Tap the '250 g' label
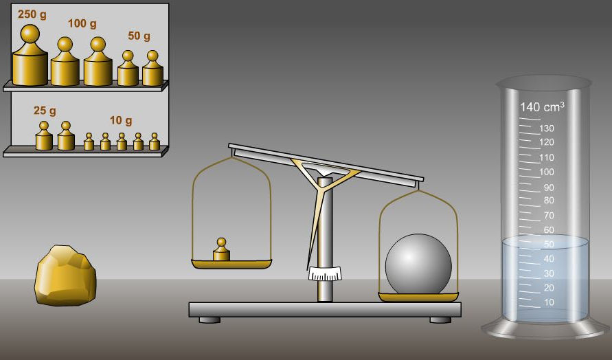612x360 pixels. [x=32, y=15]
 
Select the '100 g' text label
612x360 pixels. [x=82, y=23]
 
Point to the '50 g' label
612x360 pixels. [x=139, y=36]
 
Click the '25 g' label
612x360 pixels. [x=45, y=111]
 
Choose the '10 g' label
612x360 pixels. [x=121, y=120]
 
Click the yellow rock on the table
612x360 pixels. [x=65, y=275]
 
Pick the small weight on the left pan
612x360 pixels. [x=221, y=249]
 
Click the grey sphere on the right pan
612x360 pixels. [x=418, y=264]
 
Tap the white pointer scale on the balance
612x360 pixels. [x=325, y=273]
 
